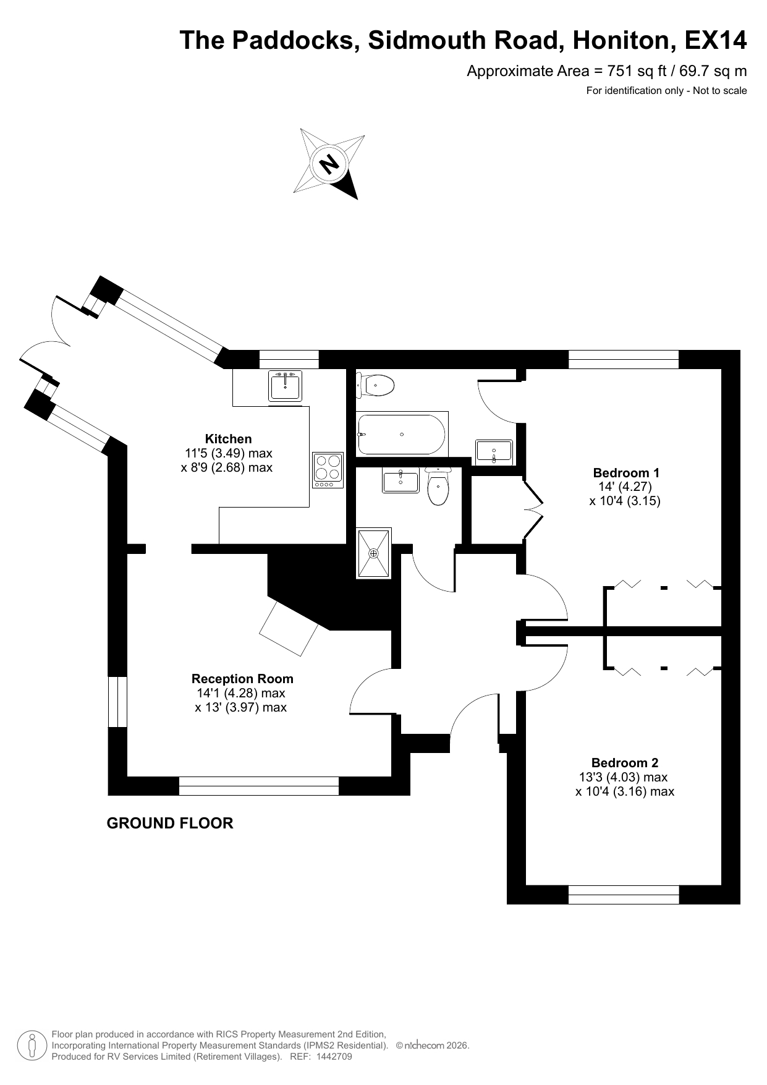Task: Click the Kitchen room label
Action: tap(229, 439)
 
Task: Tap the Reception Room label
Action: tap(242, 679)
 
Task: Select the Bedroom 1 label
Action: tap(626, 473)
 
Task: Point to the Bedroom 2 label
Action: tap(625, 763)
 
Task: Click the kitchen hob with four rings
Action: tap(328, 470)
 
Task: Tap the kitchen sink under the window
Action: tap(286, 386)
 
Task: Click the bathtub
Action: tap(402, 434)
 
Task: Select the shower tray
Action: tap(374, 553)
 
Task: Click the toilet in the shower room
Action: tap(438, 487)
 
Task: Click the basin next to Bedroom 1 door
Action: tap(494, 451)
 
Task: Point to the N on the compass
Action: tap(329, 164)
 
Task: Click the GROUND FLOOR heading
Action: tap(170, 823)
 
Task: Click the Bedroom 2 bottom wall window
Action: tap(624, 895)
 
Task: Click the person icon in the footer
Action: tap(32, 1045)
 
